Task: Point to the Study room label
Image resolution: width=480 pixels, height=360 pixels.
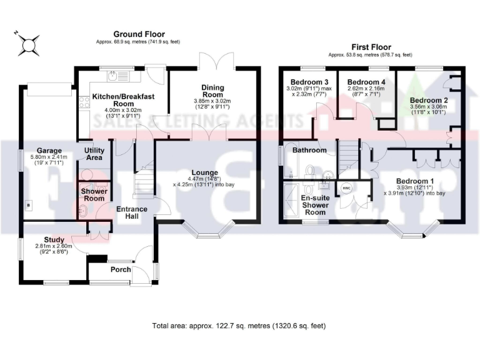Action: pyautogui.click(x=54, y=239)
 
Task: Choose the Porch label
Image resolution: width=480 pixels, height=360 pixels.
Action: pyautogui.click(x=120, y=270)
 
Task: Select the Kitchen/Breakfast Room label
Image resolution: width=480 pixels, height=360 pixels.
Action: pyautogui.click(x=122, y=102)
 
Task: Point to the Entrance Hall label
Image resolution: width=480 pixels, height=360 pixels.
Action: pyautogui.click(x=131, y=212)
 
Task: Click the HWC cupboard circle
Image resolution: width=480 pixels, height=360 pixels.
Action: pyautogui.click(x=346, y=187)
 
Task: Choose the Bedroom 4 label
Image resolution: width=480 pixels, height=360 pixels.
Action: pyautogui.click(x=367, y=82)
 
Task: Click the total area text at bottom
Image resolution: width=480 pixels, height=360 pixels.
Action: pyautogui.click(x=239, y=326)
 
